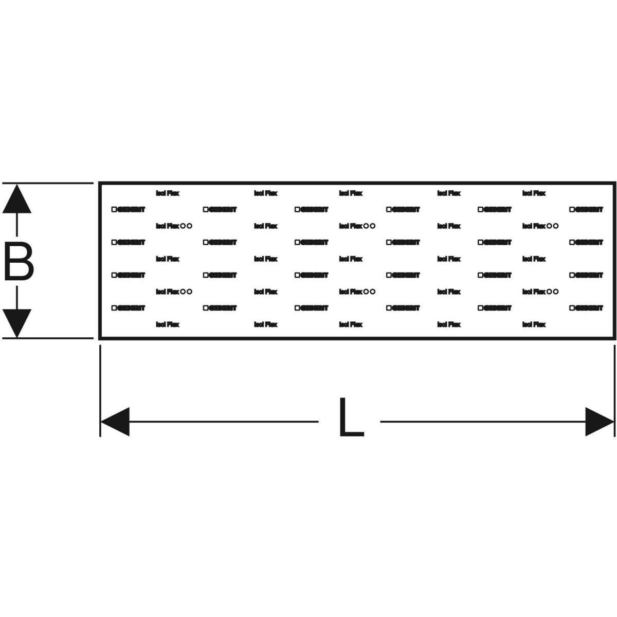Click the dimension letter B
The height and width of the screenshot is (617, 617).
[x=19, y=263]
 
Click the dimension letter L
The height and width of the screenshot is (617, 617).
[x=351, y=418]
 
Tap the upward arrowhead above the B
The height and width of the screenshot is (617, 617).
[x=17, y=199]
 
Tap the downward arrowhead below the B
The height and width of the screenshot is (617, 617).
[x=17, y=323]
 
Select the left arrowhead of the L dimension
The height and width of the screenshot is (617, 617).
[x=115, y=422]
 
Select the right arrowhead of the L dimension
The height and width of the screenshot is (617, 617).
[x=600, y=422]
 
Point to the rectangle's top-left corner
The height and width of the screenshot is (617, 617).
[x=100, y=183]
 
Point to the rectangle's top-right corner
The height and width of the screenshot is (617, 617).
[x=615, y=183]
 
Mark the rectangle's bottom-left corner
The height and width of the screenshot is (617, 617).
[x=100, y=338]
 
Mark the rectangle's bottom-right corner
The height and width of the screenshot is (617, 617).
[x=615, y=338]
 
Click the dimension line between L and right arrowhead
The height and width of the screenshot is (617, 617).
[x=483, y=422]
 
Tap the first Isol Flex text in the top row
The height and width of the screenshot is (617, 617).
[x=168, y=193]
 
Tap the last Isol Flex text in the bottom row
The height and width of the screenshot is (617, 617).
[x=534, y=324]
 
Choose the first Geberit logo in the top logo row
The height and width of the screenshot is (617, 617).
[x=129, y=210]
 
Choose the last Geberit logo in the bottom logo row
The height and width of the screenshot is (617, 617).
[x=587, y=308]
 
